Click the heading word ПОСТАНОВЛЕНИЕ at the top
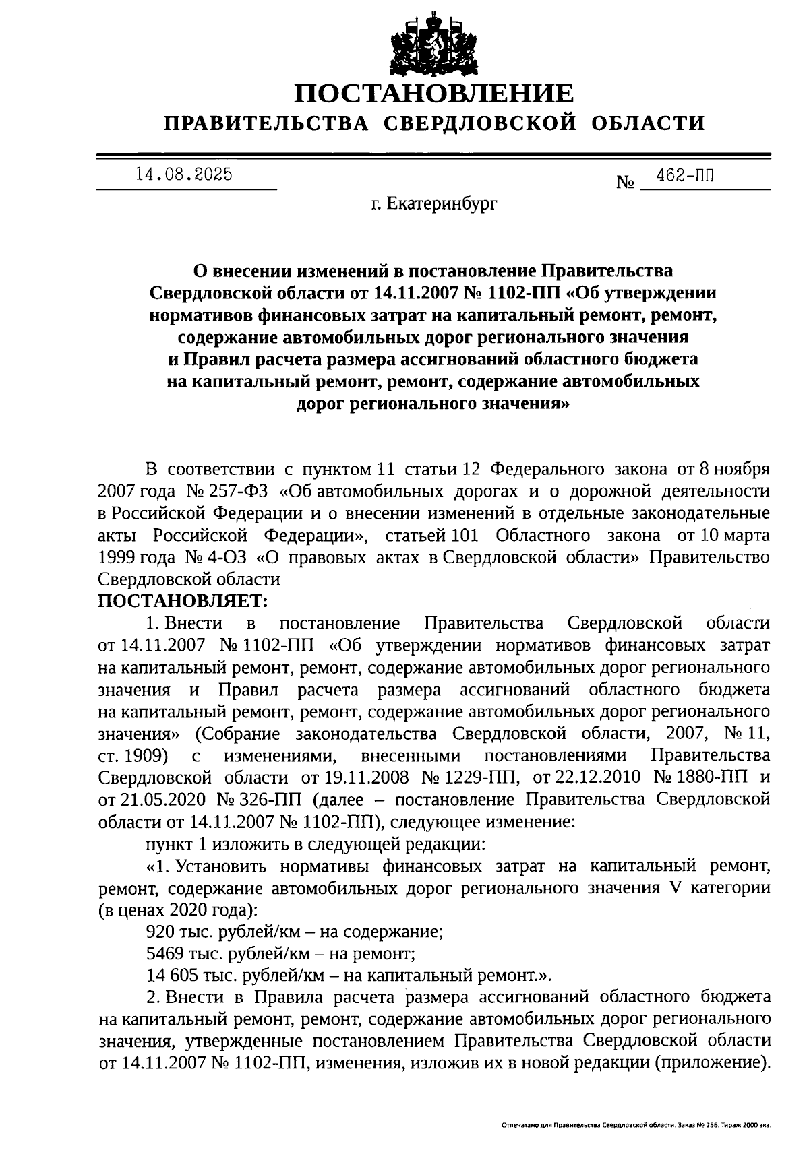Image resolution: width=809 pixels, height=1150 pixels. pos(435,93)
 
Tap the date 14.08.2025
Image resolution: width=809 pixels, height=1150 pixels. pos(183,174)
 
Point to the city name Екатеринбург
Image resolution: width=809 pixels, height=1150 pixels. pos(442,203)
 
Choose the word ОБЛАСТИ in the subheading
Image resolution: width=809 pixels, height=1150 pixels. pos(649,123)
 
